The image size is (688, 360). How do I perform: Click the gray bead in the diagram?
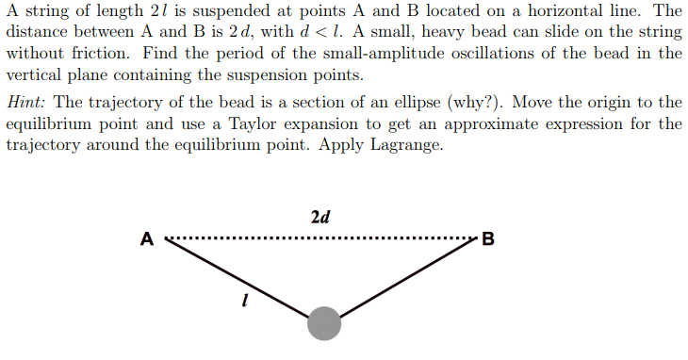[324, 323]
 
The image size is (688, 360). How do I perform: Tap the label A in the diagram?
[147, 238]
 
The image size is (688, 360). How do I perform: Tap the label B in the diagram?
[487, 238]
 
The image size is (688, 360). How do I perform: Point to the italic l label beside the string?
[245, 303]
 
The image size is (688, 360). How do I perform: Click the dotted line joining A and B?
[320, 237]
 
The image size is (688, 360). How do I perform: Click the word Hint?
[26, 102]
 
